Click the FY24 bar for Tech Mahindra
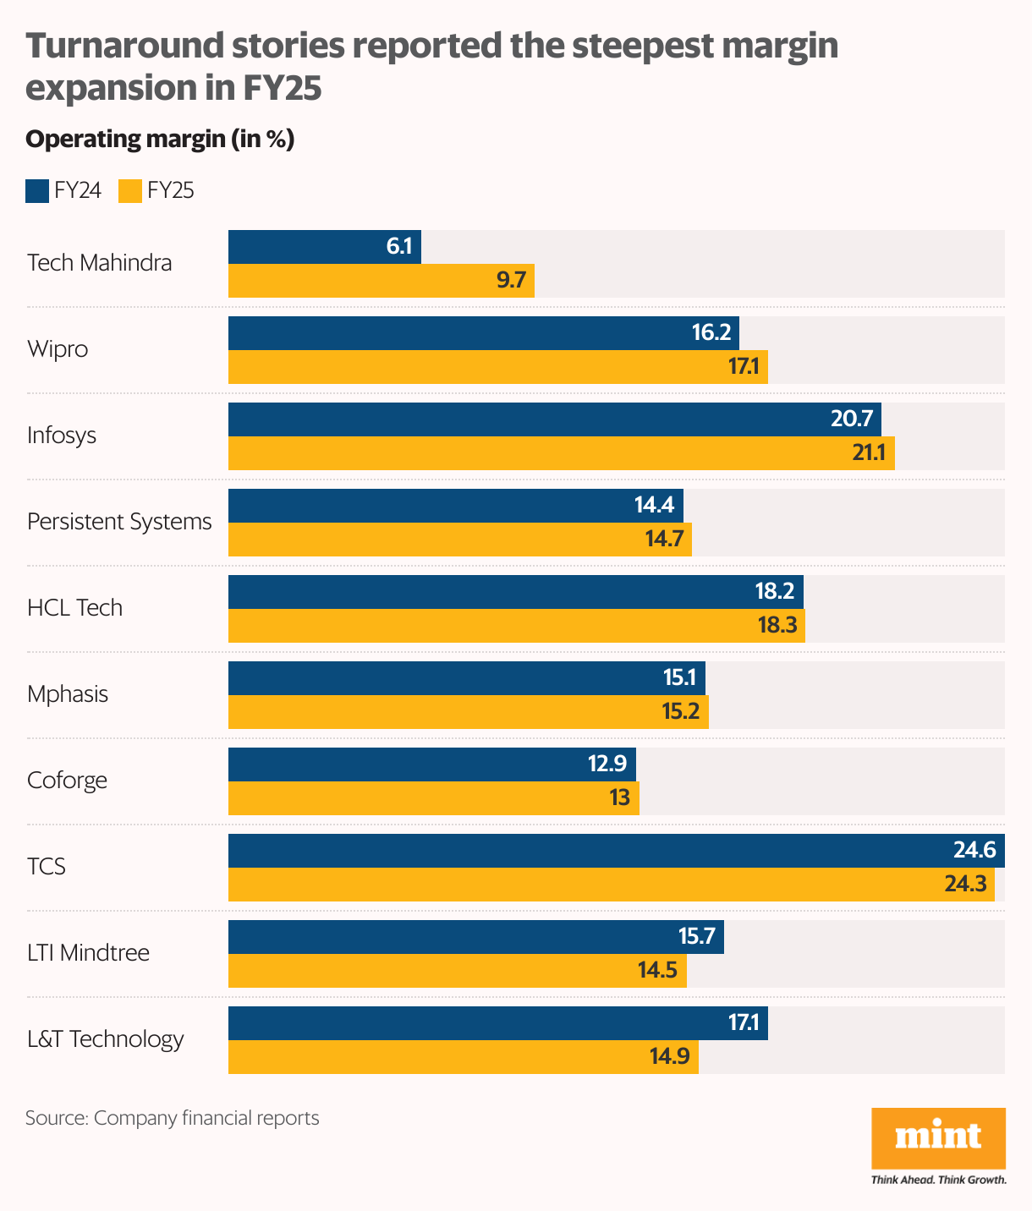coord(324,247)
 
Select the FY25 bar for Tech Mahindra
coord(381,281)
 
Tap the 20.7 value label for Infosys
coord(852,419)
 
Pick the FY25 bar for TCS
coord(611,885)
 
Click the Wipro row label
coord(58,349)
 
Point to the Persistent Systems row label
coord(119,522)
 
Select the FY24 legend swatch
coord(37,191)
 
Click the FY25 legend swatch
coord(130,191)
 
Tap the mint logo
coord(938,1137)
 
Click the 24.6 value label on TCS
coord(974,851)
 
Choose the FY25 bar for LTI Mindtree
coord(457,971)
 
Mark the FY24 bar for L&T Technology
coord(497,1023)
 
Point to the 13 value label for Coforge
coord(619,798)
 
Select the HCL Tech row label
coord(74,608)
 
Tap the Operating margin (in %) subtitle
coord(160,140)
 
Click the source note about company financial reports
coord(173,1118)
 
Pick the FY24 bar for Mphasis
coord(466,678)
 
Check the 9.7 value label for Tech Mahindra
coord(511,281)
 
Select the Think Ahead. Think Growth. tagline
coord(938,1180)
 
